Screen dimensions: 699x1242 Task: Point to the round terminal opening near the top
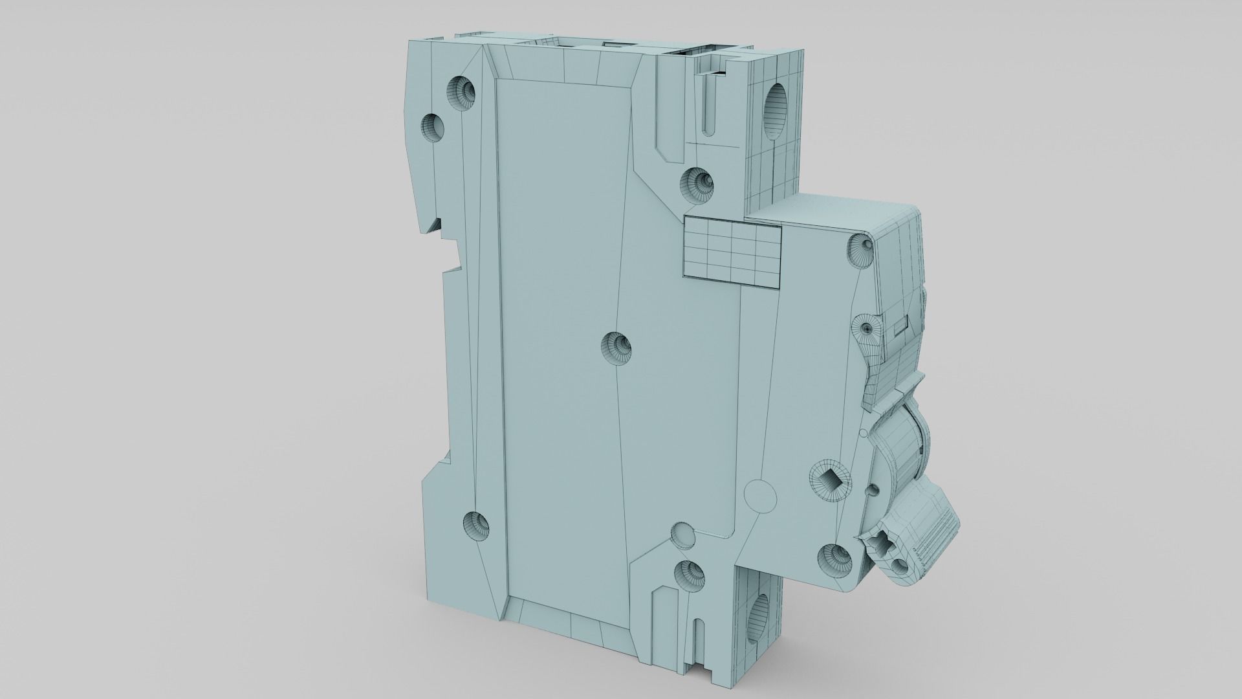coord(777,105)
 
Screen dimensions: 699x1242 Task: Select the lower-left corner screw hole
coord(477,524)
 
